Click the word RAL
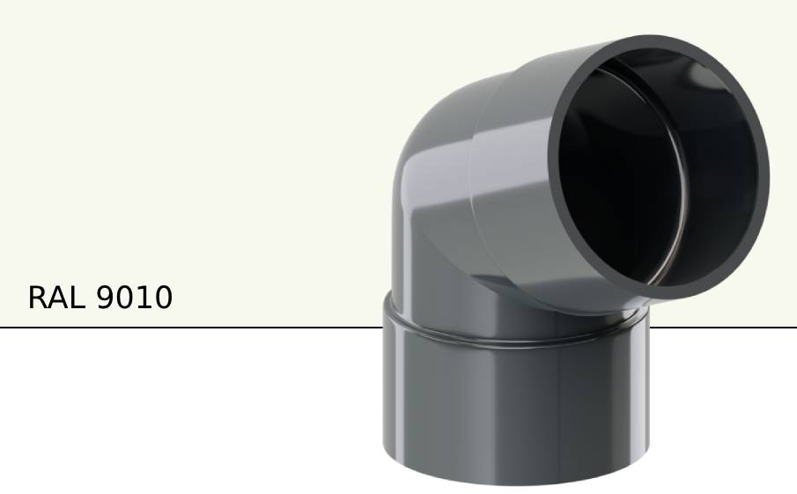pyautogui.click(x=56, y=298)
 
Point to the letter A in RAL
pyautogui.click(x=57, y=298)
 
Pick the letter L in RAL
pyautogui.click(x=77, y=298)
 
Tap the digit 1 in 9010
pyautogui.click(x=144, y=298)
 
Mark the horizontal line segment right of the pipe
pyautogui.click(x=722, y=328)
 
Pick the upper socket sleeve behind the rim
pyautogui.click(x=511, y=176)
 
